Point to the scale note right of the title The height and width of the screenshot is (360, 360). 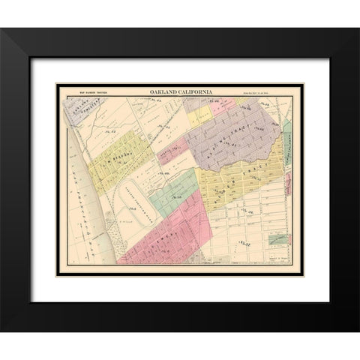[x=267, y=92]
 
